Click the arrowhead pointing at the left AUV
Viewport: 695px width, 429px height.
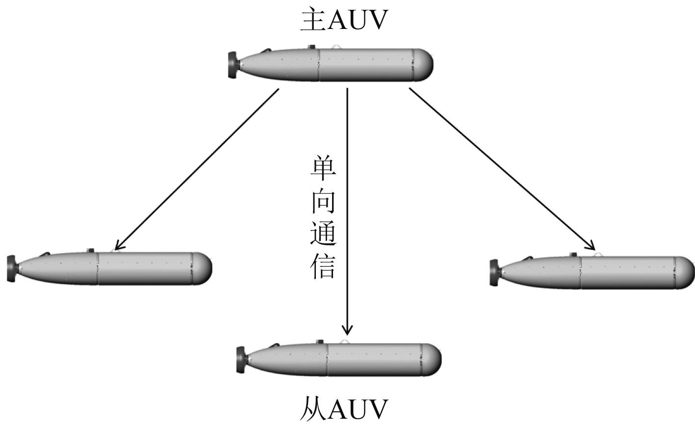[118, 245]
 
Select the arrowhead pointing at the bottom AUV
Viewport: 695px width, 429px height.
[347, 329]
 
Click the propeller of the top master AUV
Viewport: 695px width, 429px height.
[233, 64]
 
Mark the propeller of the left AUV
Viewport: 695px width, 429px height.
[12, 268]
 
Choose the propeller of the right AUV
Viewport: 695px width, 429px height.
[495, 272]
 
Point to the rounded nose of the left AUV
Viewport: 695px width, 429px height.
[205, 268]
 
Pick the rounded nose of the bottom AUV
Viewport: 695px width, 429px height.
[434, 360]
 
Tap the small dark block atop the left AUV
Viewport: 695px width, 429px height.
[90, 251]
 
